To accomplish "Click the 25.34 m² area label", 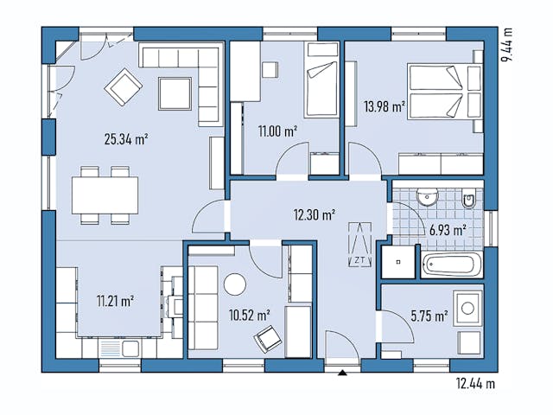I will tap(126, 138).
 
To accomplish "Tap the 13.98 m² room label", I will tap(385, 107).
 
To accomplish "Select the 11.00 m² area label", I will tap(277, 131).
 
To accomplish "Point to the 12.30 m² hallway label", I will tap(314, 215).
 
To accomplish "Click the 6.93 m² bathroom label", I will tap(448, 230).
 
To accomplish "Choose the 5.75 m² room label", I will tap(428, 316).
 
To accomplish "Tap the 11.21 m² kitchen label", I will tap(115, 302).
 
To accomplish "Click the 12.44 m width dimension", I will tap(474, 382).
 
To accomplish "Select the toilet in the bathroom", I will tap(467, 200).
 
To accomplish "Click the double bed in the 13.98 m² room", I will tap(444, 91).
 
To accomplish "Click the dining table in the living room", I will tap(105, 195).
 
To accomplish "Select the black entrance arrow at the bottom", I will tap(343, 373).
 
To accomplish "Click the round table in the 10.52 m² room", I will tap(235, 284).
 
